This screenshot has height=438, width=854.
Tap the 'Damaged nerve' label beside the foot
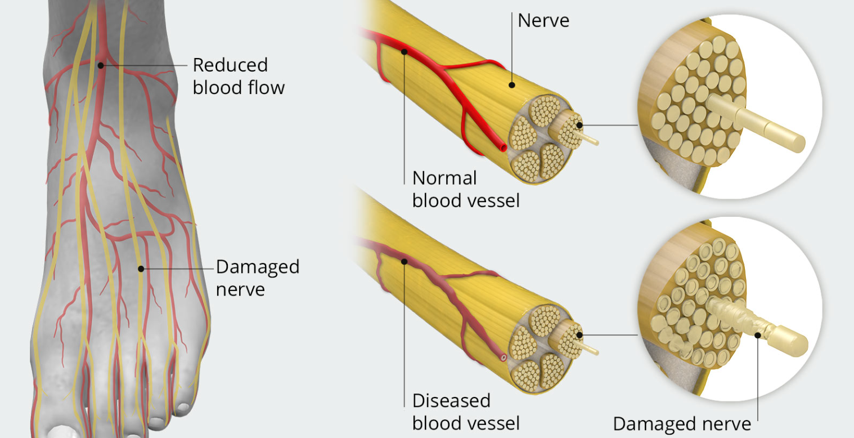pos(257,278)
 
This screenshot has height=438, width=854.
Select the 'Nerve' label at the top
pos(543,21)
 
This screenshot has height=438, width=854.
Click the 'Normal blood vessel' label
pos(465,189)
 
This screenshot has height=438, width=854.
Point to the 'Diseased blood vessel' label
pos(465,412)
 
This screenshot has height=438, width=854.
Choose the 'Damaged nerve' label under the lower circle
pos(681,423)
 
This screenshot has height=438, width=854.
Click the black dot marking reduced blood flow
pos(101,65)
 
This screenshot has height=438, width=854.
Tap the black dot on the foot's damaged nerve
pos(141,269)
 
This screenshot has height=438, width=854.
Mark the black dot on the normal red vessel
pos(404,52)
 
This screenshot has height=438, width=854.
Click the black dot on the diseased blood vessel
pos(404,261)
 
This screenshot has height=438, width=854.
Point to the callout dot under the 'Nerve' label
pos(512,86)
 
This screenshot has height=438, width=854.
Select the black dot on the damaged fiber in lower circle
pos(758,336)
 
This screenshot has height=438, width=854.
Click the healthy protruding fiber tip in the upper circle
pos(794,140)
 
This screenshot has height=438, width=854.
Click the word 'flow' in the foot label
pos(266,87)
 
